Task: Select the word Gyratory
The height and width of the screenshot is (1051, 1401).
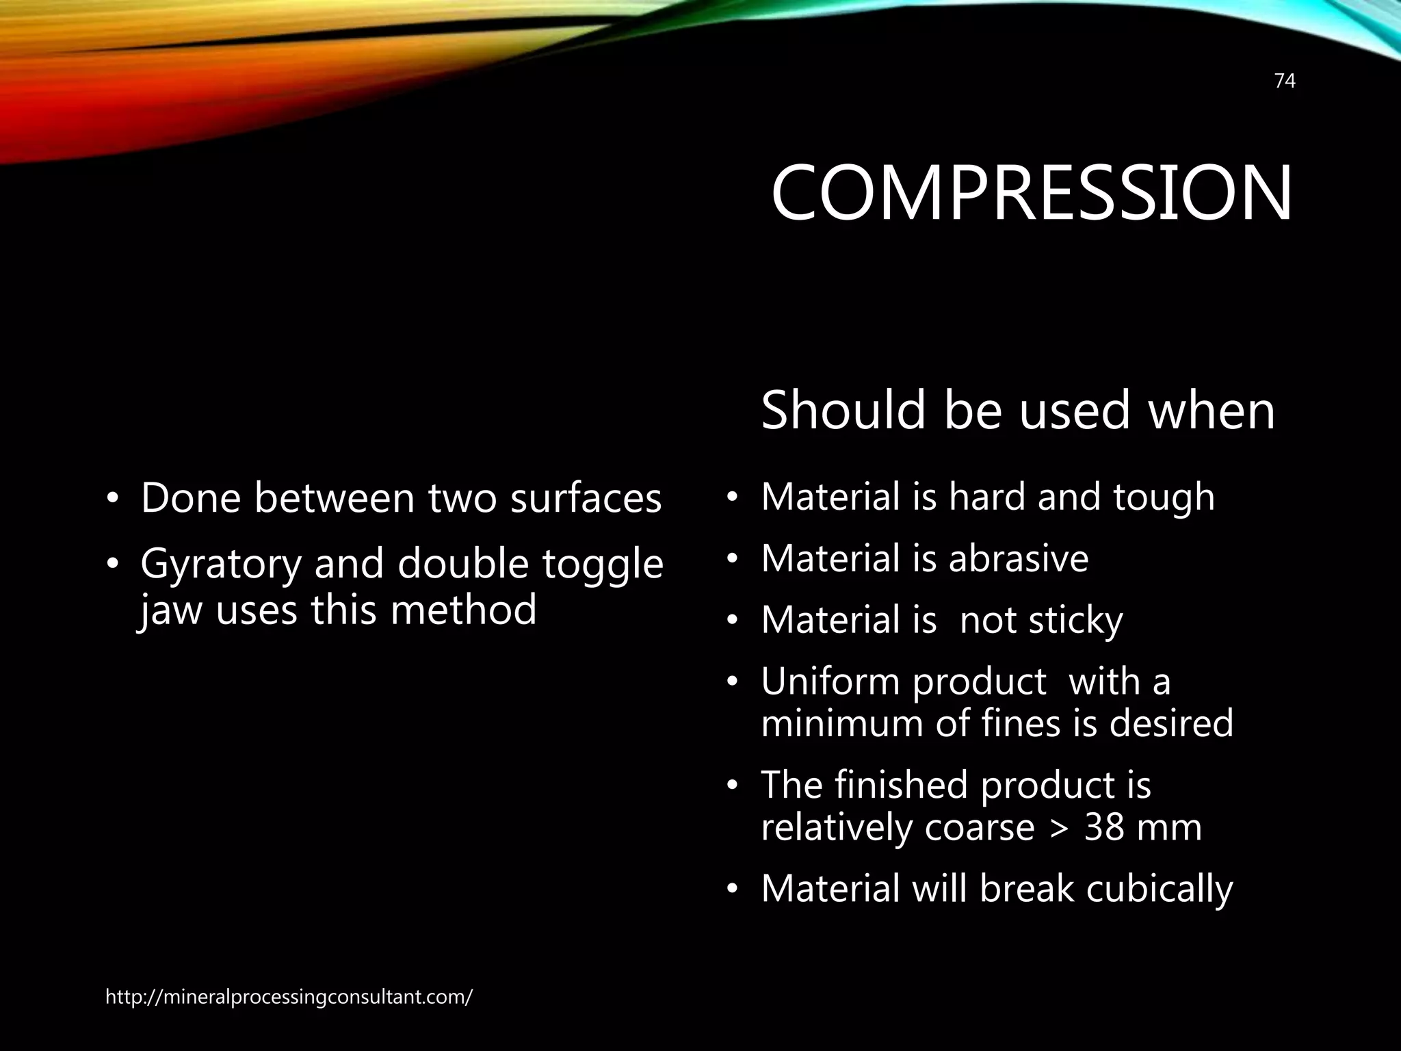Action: [220, 565]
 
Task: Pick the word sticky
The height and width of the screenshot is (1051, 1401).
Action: [1075, 621]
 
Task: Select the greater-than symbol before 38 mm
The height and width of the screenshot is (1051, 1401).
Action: [1060, 828]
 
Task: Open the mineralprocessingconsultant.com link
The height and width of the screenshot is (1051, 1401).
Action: [289, 998]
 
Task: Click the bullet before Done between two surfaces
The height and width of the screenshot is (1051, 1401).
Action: [112, 499]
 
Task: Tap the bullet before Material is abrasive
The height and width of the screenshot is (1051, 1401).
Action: [732, 560]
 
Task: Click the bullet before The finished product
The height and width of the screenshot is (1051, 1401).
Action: [732, 786]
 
